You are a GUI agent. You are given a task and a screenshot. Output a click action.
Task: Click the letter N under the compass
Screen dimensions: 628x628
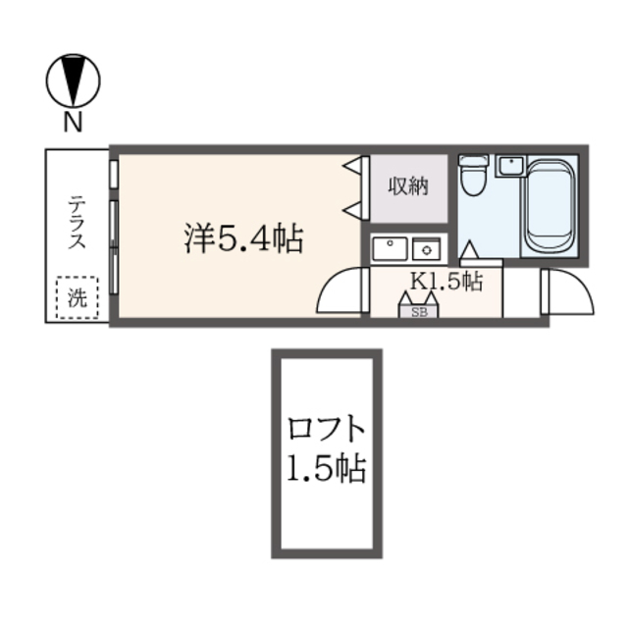coord(73,122)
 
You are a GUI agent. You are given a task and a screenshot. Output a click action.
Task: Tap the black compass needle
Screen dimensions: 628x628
coord(73,80)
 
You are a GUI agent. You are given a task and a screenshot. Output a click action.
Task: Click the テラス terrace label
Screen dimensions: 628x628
coord(77,222)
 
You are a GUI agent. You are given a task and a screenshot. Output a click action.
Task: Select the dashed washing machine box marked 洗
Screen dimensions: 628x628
coord(78,297)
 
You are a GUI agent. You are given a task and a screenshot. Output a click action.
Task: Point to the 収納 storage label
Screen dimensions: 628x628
coord(408,186)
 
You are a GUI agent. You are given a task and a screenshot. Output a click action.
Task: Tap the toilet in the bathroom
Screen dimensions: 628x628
coord(473,175)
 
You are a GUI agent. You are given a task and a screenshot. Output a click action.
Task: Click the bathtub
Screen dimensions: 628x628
coord(549,206)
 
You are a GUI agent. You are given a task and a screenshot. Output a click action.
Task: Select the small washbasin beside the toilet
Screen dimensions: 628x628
coord(510,166)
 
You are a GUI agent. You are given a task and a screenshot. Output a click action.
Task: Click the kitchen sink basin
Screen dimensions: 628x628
coord(390,248)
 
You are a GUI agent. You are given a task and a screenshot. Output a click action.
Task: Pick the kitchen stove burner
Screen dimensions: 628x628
coord(427,249)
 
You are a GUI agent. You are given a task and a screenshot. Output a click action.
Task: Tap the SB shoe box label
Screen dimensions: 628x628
coord(419,312)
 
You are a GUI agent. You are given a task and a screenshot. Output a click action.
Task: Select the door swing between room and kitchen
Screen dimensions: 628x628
coord(332,284)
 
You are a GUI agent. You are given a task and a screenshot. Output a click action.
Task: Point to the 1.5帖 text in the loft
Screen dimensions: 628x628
coord(327,467)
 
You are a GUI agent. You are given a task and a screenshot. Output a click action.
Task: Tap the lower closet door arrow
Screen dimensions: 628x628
coord(352,210)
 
